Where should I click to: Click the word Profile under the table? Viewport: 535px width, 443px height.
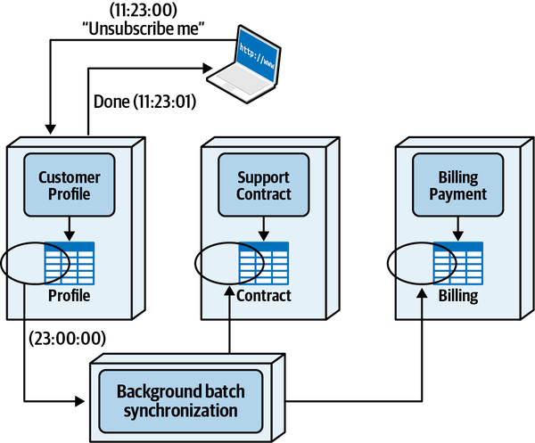[x=69, y=296]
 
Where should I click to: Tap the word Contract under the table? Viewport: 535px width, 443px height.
[x=263, y=296]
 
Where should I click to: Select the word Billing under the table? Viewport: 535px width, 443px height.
[x=457, y=296]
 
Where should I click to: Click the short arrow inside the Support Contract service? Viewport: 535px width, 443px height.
[x=263, y=229]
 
